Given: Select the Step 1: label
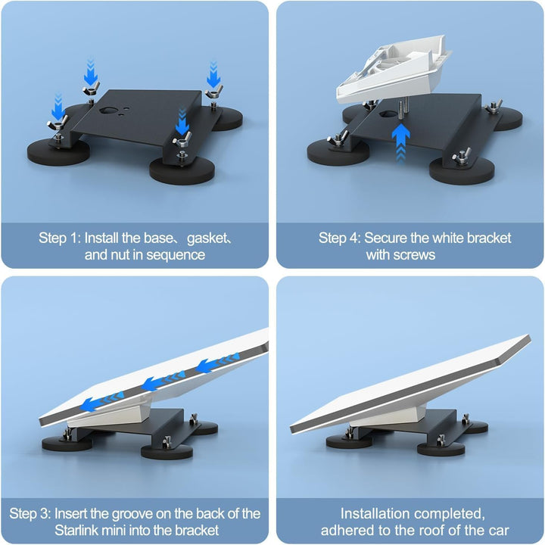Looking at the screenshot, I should click(x=60, y=238).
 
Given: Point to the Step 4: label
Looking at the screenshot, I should click(x=340, y=238).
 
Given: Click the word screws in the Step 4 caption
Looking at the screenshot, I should click(x=413, y=255).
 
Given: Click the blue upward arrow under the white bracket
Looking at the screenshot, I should click(x=400, y=138).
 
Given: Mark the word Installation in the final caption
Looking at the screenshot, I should click(x=376, y=514).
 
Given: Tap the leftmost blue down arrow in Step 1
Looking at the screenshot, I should click(x=58, y=102).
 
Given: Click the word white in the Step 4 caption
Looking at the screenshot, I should click(x=446, y=238).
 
